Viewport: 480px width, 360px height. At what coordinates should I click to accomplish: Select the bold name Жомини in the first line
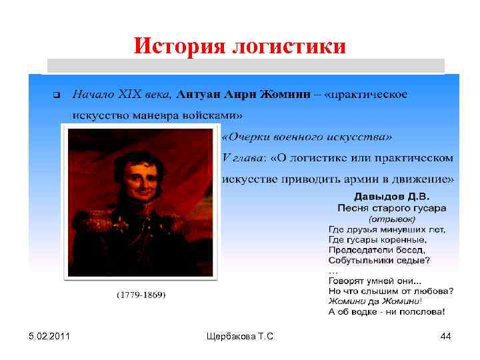(x=285, y=93)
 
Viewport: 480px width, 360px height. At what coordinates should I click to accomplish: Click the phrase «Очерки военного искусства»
(x=307, y=137)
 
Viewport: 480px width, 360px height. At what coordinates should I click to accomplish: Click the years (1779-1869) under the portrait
(x=141, y=295)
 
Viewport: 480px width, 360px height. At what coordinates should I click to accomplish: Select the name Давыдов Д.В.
(x=392, y=197)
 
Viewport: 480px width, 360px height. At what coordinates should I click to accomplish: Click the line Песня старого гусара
(x=392, y=207)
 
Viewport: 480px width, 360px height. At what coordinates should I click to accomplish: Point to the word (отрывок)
(x=392, y=218)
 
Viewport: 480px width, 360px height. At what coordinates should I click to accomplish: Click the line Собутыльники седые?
(x=379, y=259)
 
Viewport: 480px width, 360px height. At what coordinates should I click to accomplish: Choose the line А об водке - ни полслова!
(x=387, y=311)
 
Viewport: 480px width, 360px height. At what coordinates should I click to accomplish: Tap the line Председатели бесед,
(x=377, y=249)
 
